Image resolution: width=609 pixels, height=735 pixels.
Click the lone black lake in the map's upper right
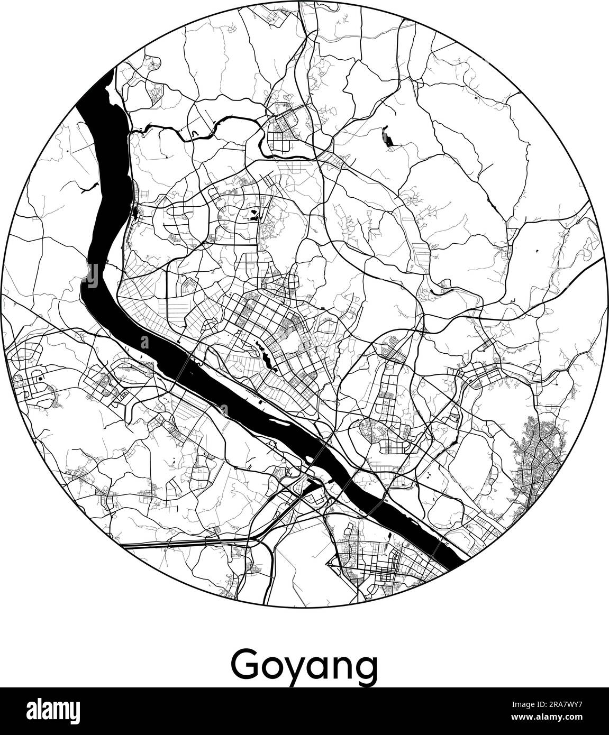(x=388, y=139)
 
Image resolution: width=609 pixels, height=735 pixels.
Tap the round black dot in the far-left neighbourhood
(x=40, y=380)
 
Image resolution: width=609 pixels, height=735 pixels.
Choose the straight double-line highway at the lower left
(x=185, y=543)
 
